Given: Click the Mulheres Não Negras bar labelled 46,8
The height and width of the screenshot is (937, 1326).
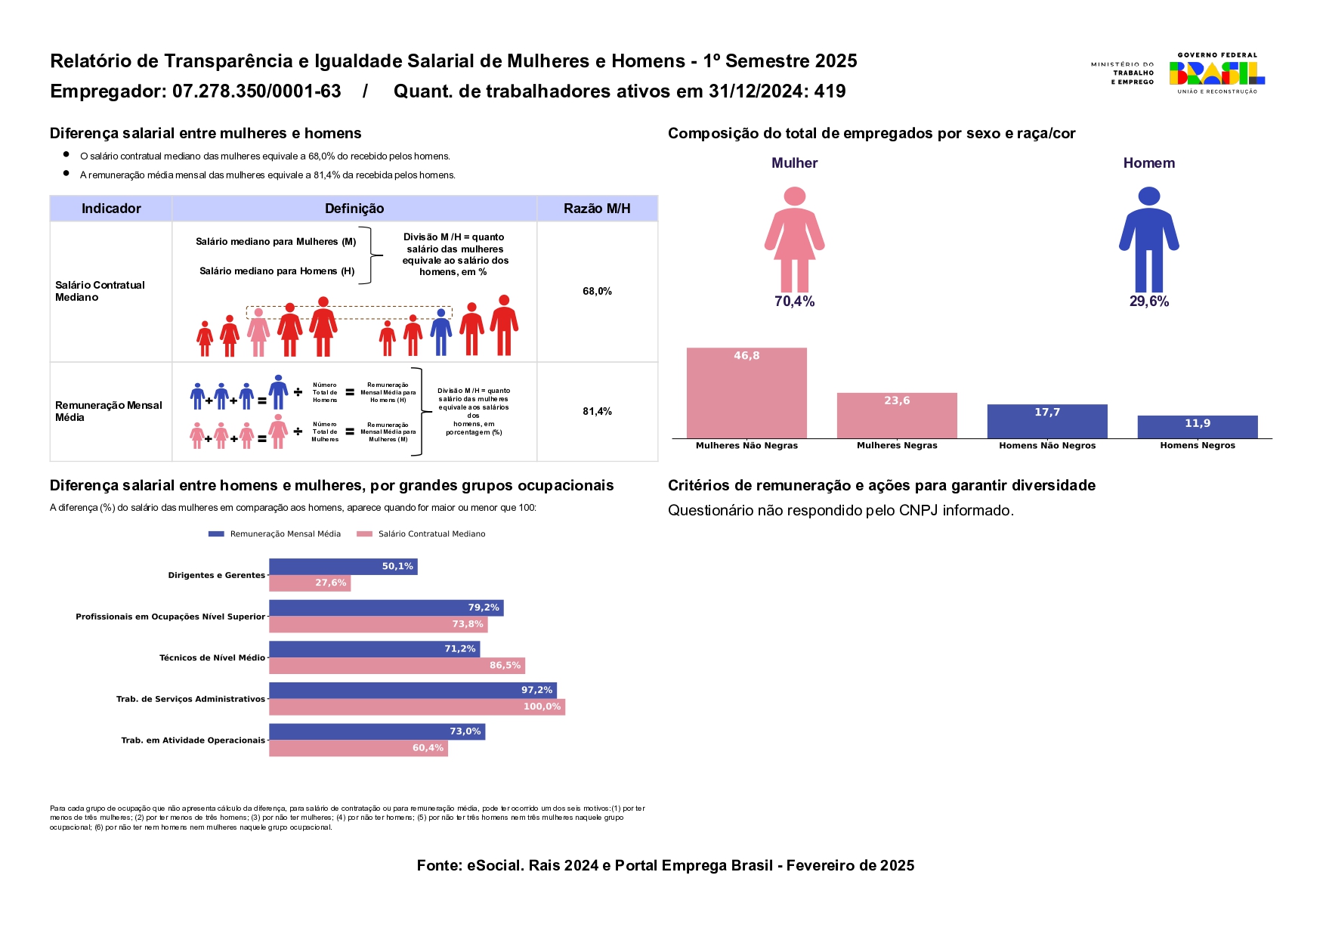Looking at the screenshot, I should pos(746,392).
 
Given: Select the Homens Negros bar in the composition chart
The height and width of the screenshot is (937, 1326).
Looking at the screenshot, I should pos(1198,426).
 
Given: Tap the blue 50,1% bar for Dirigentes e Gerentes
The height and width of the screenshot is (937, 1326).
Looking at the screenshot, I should pos(343,566).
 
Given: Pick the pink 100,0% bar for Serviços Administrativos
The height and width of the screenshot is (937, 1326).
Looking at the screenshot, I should pos(417,707).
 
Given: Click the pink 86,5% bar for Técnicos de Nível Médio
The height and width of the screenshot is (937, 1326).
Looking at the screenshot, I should pos(397,665).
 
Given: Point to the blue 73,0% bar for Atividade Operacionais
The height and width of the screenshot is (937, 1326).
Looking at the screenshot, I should pos(377,731).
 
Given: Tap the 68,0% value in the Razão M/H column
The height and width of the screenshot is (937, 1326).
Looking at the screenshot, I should pos(597,291).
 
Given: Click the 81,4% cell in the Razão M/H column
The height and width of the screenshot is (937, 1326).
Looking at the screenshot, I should pos(597,411).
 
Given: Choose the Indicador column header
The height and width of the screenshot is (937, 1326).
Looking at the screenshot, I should pos(111,209).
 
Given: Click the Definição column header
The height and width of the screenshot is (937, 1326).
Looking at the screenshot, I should pos(354,209).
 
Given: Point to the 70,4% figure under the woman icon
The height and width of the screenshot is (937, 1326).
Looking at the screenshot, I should pos(794,302).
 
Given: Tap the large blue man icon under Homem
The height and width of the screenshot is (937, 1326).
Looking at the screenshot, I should pos(1148,240).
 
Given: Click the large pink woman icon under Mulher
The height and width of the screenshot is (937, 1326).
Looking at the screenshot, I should pos(794,240).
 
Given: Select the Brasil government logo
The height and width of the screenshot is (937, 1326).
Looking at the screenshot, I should pos(1216,73).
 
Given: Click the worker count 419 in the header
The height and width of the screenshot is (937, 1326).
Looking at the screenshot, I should pos(830,91).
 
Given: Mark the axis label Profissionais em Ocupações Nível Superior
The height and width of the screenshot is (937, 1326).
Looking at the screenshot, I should pos(170,617).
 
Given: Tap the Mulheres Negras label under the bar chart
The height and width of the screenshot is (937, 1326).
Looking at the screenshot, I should pos(897,446).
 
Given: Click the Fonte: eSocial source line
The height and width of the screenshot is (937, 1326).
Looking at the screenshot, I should pos(665,865).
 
